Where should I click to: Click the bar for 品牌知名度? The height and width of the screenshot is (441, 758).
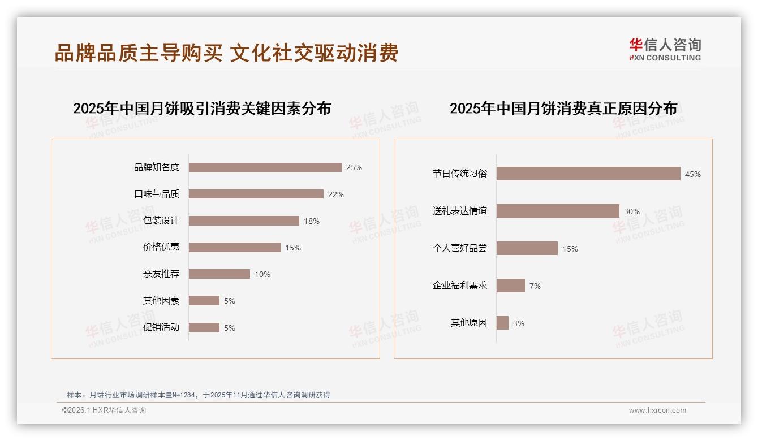(x=265, y=167)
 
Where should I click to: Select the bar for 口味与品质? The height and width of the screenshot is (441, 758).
(x=256, y=194)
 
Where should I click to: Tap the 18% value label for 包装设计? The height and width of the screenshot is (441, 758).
(x=312, y=221)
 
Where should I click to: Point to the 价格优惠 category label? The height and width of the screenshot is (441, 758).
(x=161, y=247)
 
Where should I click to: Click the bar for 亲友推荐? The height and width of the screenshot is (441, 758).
(x=219, y=274)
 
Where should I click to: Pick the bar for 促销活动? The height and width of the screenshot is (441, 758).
(x=204, y=327)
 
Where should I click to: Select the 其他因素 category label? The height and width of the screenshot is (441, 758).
(x=161, y=301)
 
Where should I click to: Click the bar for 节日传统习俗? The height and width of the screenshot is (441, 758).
(x=588, y=174)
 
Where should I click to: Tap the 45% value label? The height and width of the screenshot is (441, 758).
(x=692, y=174)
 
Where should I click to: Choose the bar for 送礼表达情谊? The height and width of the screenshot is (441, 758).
(x=558, y=211)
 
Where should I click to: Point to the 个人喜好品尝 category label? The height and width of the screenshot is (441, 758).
(x=459, y=248)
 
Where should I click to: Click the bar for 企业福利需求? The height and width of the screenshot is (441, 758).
(x=511, y=286)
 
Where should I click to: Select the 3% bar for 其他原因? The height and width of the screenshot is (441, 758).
(x=502, y=323)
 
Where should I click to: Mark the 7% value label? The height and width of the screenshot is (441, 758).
(x=535, y=286)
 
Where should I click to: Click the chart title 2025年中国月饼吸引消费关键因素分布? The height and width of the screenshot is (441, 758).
(x=202, y=108)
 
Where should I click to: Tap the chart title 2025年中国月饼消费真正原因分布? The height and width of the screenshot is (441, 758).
(x=563, y=108)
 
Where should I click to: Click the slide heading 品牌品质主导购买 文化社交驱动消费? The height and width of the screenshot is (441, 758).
(x=226, y=53)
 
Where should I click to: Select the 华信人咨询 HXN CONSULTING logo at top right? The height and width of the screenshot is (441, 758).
(x=665, y=49)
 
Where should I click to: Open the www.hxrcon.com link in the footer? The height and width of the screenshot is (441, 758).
(x=657, y=410)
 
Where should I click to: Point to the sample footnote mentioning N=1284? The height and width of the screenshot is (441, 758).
(x=199, y=395)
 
